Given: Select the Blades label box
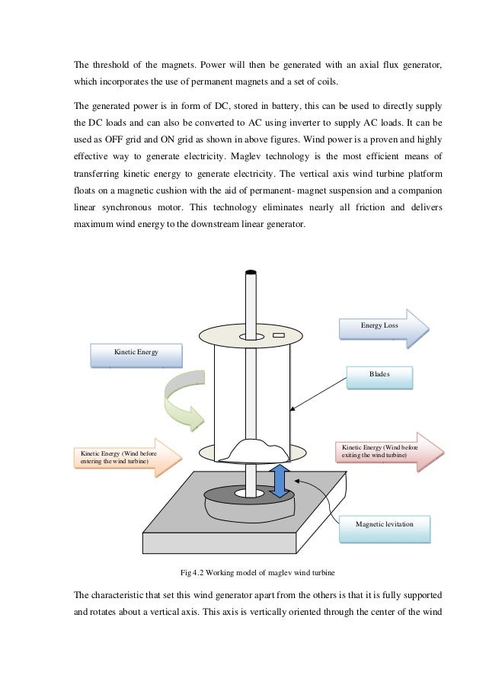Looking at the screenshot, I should [x=379, y=376].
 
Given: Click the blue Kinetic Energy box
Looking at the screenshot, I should [x=136, y=354].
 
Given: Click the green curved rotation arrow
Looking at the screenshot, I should [x=185, y=400].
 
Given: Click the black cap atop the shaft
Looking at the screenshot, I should [x=251, y=272].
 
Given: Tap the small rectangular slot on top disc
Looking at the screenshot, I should [x=278, y=334].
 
